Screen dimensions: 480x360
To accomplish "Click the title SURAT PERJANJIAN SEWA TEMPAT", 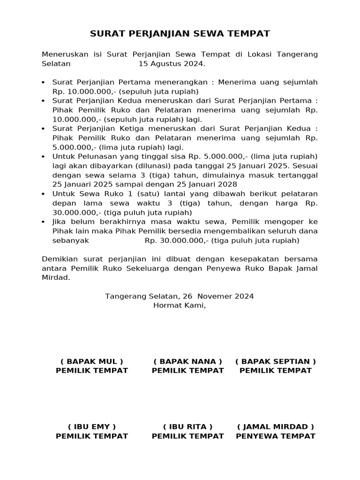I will point(180,34).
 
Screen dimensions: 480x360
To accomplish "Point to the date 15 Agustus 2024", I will point(172,64).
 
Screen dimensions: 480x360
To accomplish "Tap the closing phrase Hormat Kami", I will point(180,306).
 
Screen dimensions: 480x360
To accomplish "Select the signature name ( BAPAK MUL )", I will point(92,361).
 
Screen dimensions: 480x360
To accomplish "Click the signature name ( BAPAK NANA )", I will point(187,361).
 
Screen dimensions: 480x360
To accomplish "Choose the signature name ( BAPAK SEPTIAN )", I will point(276,361).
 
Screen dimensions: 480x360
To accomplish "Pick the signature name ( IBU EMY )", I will point(92,427).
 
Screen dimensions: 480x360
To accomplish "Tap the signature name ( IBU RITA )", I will point(187,427).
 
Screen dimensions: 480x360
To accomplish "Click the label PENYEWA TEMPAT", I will point(276,436).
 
